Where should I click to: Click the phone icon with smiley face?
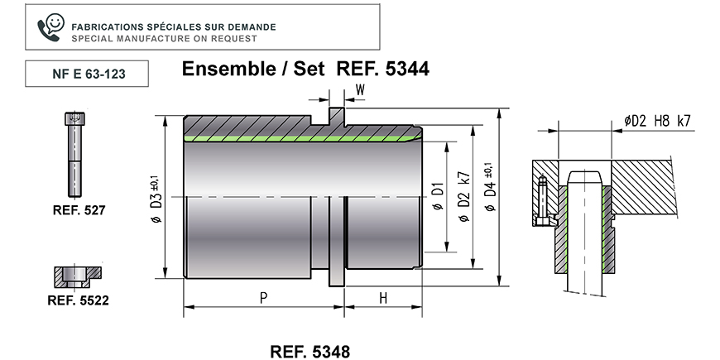tap(50, 27)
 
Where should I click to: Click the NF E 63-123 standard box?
tap(87, 74)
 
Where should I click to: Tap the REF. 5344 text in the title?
tap(383, 69)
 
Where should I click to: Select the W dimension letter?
tap(360, 90)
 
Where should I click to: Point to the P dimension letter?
tap(263, 299)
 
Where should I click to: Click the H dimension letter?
tap(383, 299)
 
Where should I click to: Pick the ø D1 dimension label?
tap(438, 196)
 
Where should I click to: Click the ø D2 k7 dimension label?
tap(464, 196)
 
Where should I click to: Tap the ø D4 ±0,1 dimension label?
tap(490, 187)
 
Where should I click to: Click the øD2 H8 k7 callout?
tap(657, 121)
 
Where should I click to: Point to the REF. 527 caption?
tap(79, 210)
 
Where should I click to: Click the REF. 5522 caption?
tap(78, 300)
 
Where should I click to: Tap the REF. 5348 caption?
tap(310, 352)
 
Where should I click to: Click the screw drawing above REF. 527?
tap(74, 154)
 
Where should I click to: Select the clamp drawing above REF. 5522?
tap(78, 277)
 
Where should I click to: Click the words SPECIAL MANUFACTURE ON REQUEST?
tap(164, 39)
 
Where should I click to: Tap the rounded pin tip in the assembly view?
tap(584, 178)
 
